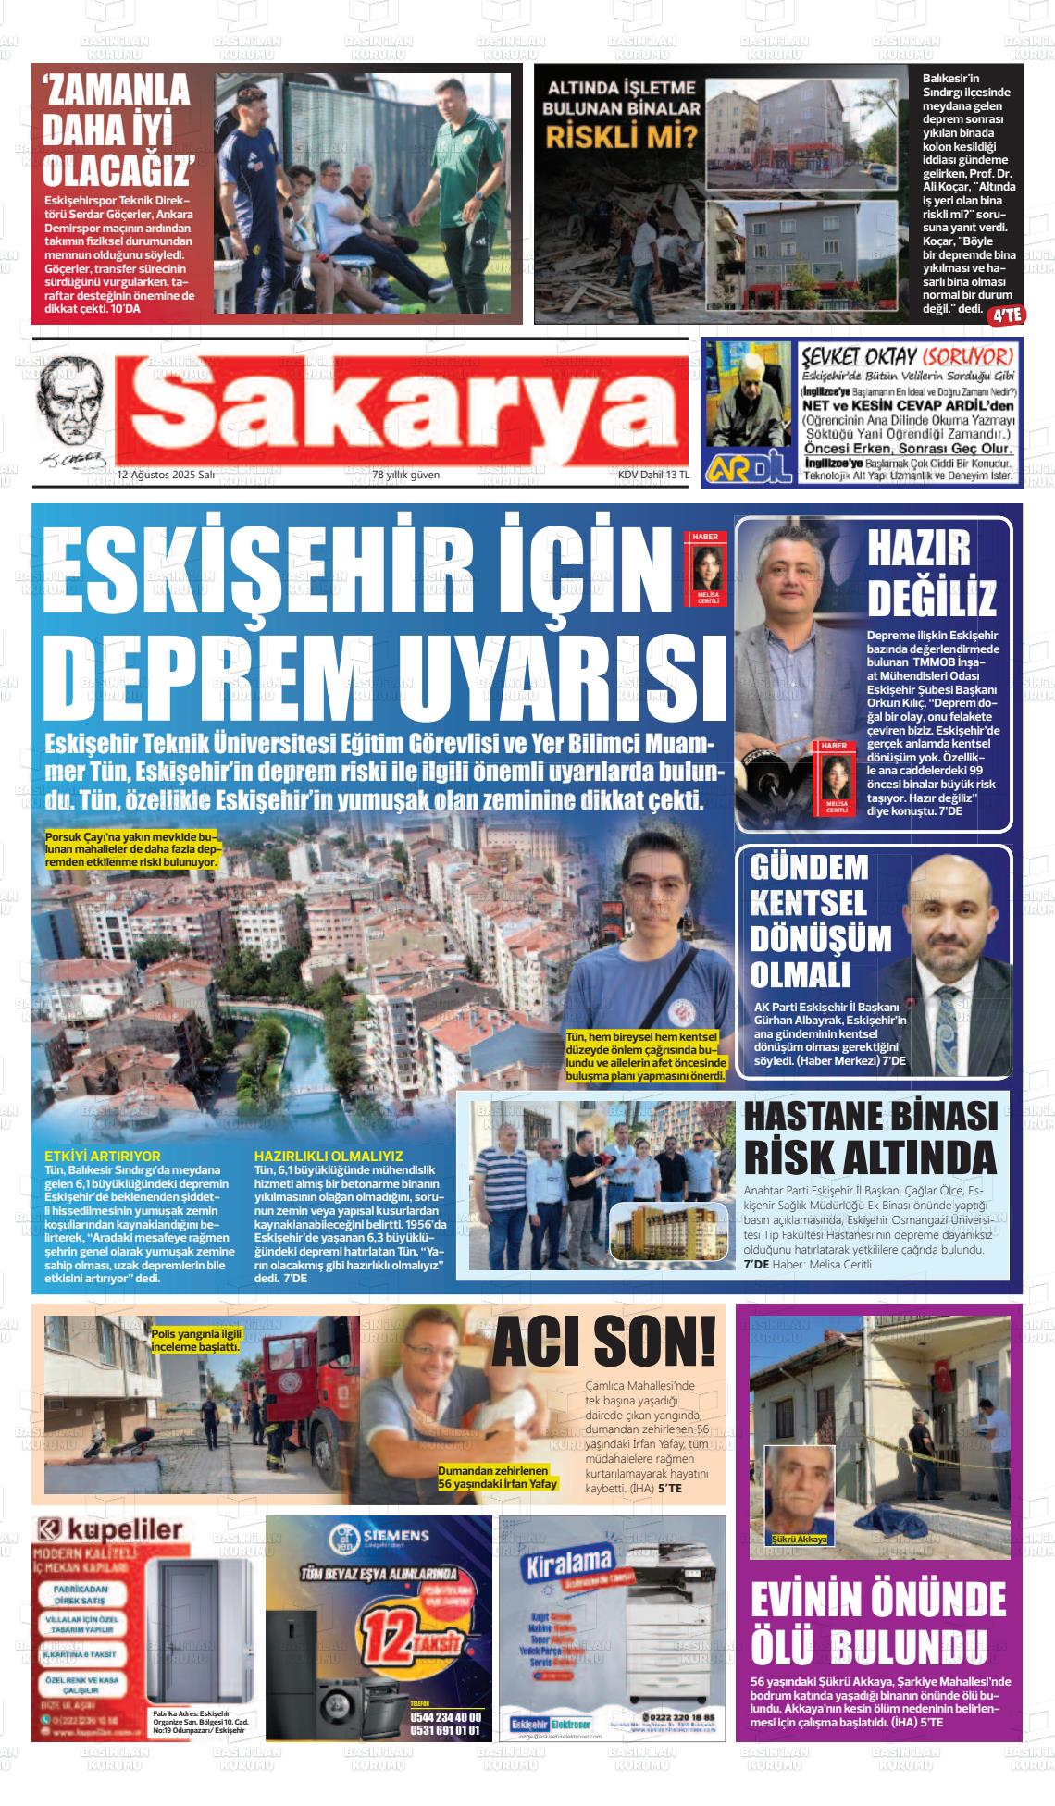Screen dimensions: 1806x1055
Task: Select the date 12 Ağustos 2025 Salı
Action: [x=166, y=475]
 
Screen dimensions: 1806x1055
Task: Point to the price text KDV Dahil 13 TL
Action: [x=653, y=475]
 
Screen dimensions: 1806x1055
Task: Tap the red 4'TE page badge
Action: [x=1006, y=315]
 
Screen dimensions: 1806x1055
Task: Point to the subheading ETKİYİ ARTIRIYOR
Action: [x=103, y=1156]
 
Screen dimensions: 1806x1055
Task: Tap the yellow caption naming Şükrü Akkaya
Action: [x=800, y=1540]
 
